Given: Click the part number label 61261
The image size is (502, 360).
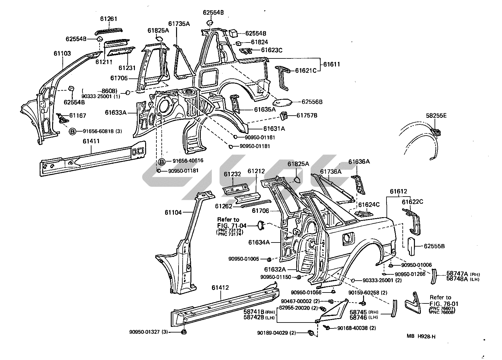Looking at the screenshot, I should (108, 19).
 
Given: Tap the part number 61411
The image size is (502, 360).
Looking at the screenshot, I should (91, 141).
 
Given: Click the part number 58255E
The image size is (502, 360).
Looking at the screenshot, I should (436, 116).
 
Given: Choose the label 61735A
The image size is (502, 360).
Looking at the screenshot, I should (179, 24).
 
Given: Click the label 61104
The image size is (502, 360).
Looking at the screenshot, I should (173, 213).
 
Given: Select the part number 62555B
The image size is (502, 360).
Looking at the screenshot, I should (434, 246).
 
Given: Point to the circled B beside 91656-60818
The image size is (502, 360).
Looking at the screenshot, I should (72, 132).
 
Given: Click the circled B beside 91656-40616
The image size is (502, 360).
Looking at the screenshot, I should (162, 161).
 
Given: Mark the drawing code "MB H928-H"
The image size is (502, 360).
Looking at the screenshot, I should (421, 337).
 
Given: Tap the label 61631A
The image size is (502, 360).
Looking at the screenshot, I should (274, 128).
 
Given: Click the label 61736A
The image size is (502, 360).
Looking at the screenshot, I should (331, 171).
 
